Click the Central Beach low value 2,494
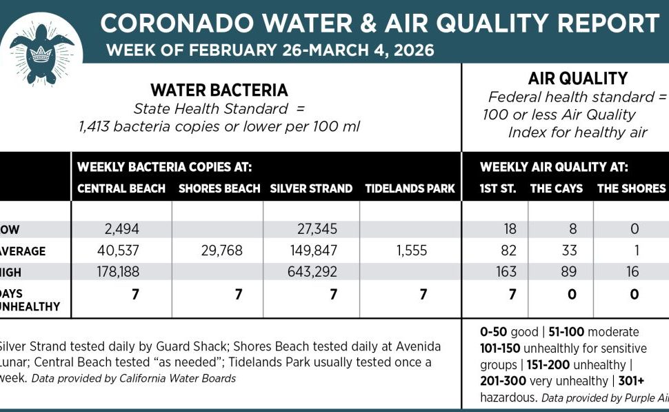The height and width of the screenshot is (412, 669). coord(119,229)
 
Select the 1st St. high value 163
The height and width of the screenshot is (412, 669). coord(506,273)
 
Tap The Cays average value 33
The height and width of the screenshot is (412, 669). coord(569,251)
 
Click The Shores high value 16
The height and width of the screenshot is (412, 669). coord(632,273)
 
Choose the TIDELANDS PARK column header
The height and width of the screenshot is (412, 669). coord(410,188)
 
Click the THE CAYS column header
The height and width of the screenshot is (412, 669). coord(556,188)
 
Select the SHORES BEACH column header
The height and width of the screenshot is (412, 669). coord(219,188)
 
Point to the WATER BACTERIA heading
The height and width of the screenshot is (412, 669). coord(219,90)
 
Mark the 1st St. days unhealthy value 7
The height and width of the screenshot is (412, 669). coord(512,295)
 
